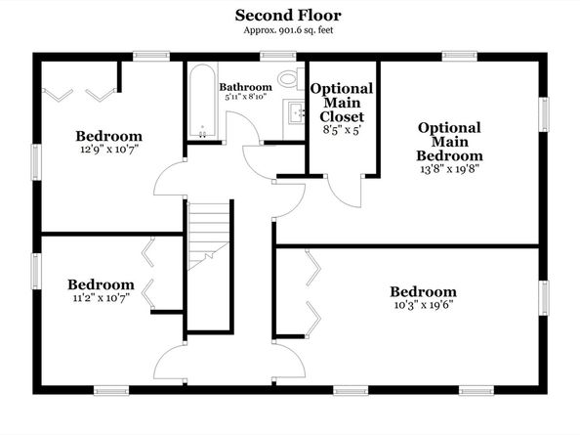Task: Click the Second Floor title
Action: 289,15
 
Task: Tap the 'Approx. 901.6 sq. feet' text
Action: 289,30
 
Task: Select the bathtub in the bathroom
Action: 203,103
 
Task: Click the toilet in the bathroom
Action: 289,78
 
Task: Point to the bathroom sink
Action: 295,111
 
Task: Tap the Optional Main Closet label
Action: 342,102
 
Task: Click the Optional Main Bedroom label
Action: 449,142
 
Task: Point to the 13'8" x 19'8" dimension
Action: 449,168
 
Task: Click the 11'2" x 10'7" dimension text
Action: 101,298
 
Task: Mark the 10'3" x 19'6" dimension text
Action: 422,305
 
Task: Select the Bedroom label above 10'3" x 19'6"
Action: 423,291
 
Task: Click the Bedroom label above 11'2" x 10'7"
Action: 101,284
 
